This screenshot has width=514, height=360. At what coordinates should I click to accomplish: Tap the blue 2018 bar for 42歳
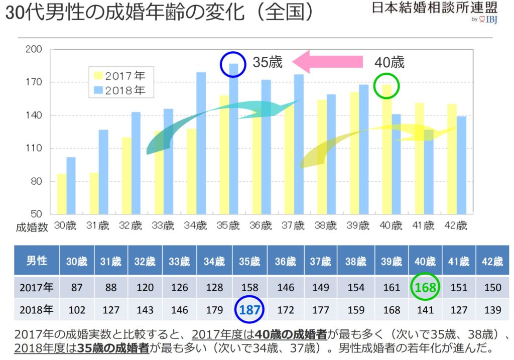tap(461, 165)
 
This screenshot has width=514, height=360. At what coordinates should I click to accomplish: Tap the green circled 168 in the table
tap(425, 288)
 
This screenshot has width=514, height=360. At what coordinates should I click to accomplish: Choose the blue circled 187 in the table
tap(249, 309)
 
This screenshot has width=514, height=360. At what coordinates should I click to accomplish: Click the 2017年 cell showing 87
tap(77, 288)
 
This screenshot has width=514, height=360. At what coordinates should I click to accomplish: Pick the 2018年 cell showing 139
tap(492, 309)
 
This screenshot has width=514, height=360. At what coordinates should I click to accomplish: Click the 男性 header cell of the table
tap(37, 261)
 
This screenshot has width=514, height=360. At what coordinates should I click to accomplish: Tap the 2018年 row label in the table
tap(37, 309)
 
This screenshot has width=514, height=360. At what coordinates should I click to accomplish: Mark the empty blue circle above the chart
tap(232, 64)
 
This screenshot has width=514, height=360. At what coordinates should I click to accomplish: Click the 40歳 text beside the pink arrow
tap(390, 62)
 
